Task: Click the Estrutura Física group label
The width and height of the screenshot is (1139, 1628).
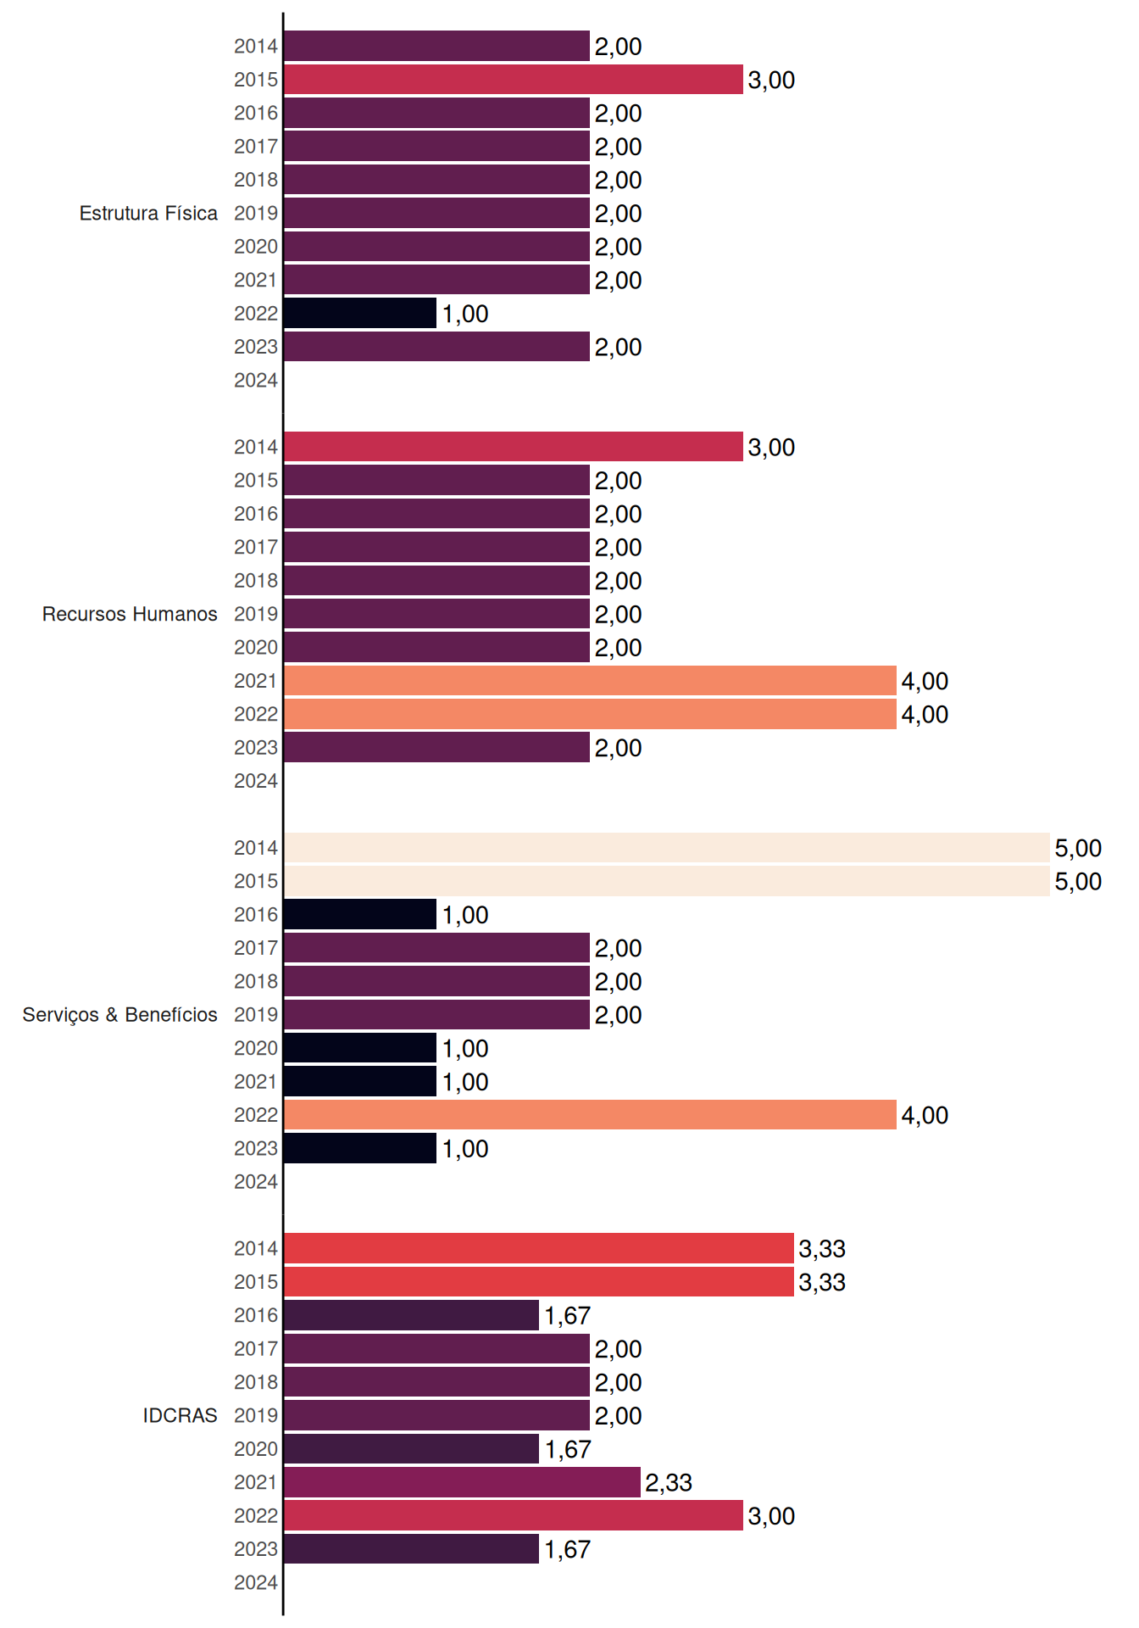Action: [x=148, y=213]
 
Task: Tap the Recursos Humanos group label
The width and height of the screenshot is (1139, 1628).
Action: [x=130, y=614]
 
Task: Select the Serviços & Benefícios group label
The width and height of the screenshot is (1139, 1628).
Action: [x=119, y=1015]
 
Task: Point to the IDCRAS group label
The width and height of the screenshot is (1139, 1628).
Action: [x=180, y=1415]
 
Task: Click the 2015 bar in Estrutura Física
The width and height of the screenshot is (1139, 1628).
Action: [x=514, y=80]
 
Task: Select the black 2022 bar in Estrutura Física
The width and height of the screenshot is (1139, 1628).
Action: [x=360, y=313]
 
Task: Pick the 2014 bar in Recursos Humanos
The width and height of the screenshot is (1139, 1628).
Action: [x=514, y=447]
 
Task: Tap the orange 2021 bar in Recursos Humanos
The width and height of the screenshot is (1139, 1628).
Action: [x=590, y=680]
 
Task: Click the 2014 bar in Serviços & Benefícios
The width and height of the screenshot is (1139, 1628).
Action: [x=667, y=847]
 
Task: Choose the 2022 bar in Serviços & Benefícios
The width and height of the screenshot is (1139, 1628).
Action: [x=590, y=1114]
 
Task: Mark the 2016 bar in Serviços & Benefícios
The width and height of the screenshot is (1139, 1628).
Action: [x=360, y=914]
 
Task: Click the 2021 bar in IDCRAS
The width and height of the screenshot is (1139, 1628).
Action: [x=463, y=1482]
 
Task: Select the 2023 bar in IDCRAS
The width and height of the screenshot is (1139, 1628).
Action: [x=412, y=1548]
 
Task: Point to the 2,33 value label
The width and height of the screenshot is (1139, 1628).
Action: [x=669, y=1482]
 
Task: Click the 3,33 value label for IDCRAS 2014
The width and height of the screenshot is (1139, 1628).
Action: [x=822, y=1248]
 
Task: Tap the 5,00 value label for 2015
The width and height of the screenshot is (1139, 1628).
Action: [x=1078, y=881]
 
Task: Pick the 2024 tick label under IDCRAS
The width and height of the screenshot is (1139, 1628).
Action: [x=256, y=1582]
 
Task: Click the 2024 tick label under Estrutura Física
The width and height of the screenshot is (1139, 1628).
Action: [x=256, y=380]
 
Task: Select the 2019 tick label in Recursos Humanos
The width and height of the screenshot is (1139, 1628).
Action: [x=256, y=614]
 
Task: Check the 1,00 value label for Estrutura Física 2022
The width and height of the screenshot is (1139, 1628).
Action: [x=465, y=314]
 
